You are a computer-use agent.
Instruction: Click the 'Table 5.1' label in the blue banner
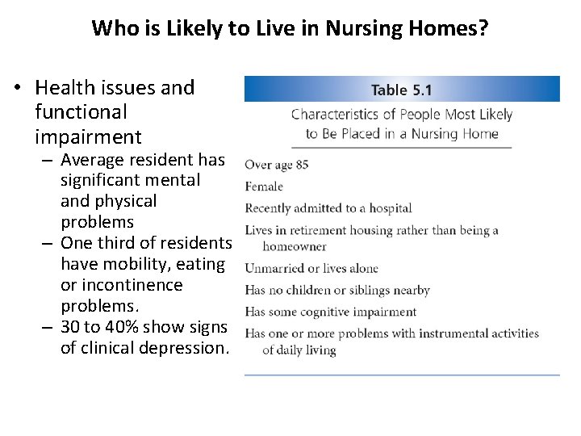point(402,89)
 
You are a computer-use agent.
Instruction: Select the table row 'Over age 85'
point(276,165)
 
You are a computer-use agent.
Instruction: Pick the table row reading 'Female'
point(264,187)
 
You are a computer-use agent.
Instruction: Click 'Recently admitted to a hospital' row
point(328,208)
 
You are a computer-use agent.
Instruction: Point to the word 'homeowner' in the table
point(295,246)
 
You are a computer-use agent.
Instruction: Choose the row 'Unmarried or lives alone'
point(311,268)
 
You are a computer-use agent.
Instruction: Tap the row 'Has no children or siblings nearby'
point(337,290)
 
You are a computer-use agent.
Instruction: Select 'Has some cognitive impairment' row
point(331,312)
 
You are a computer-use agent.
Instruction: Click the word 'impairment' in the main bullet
point(88,137)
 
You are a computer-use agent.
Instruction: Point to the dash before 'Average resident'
point(48,160)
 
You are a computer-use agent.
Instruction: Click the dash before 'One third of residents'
point(48,244)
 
